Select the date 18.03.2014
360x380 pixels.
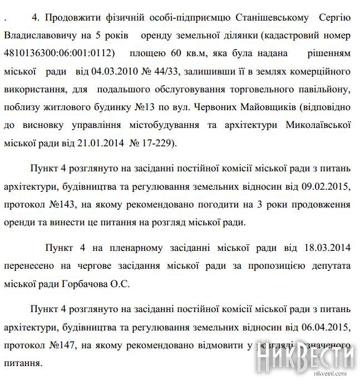pos(329,246)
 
